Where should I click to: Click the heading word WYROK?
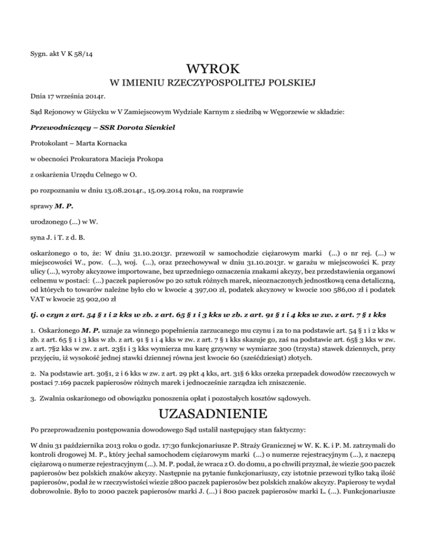pos(213,70)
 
